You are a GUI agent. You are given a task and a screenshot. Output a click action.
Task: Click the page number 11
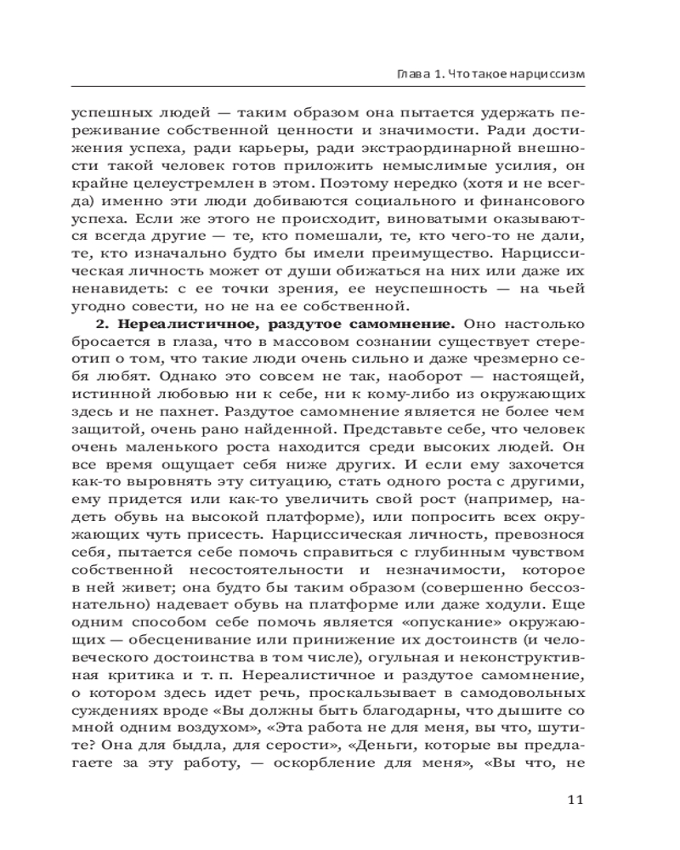[574, 800]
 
